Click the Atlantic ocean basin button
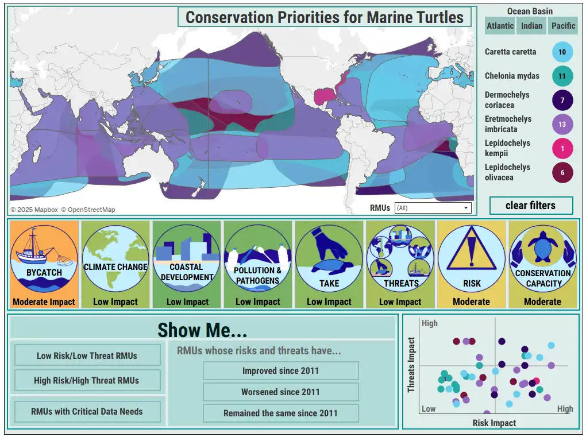click(x=500, y=26)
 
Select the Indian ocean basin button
click(x=531, y=26)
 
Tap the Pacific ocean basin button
click(x=563, y=26)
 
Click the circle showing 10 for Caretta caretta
click(x=562, y=52)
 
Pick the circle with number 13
click(x=562, y=125)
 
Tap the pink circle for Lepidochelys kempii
click(x=562, y=149)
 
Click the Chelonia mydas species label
click(x=512, y=76)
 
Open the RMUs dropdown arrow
click(x=466, y=208)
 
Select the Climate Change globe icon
click(x=115, y=258)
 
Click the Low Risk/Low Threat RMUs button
click(x=87, y=355)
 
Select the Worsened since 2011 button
click(x=281, y=392)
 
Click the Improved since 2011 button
click(x=281, y=370)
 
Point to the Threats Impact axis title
click(x=411, y=365)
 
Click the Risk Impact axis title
click(x=494, y=423)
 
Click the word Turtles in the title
click(x=435, y=17)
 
